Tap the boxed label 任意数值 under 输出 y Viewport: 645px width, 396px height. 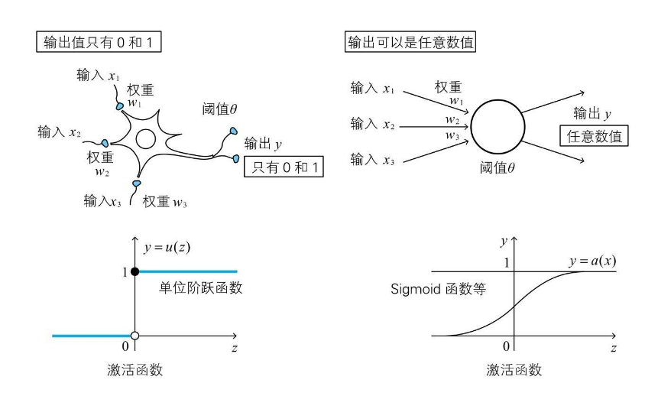pos(594,138)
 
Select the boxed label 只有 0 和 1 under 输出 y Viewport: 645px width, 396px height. pos(283,167)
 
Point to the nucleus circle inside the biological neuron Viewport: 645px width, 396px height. pos(144,139)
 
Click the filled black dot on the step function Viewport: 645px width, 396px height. pos(135,271)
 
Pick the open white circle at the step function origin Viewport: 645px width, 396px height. pos(135,336)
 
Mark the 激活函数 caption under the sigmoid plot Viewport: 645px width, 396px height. pos(514,370)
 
